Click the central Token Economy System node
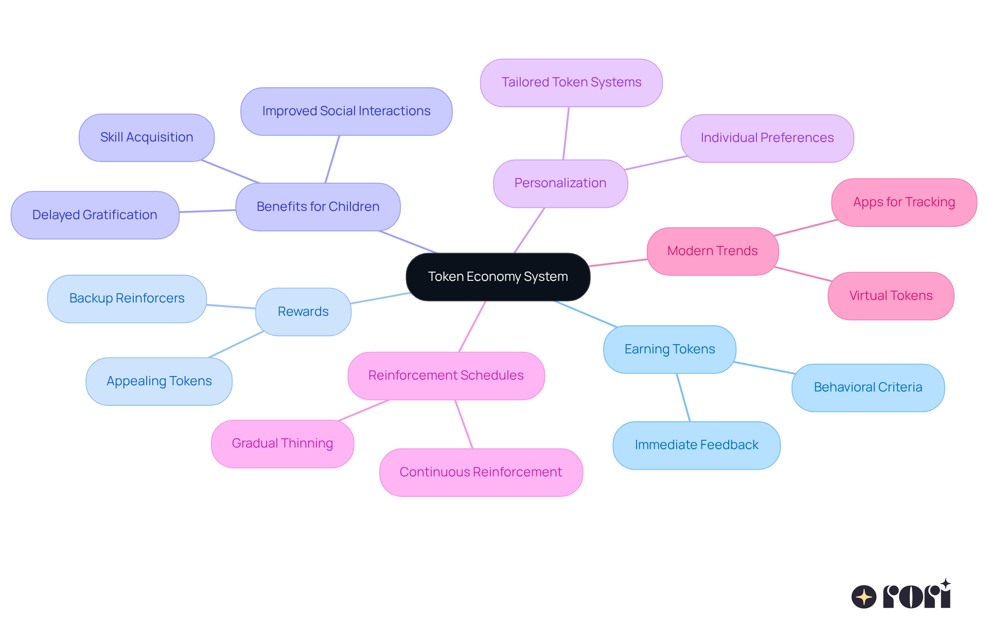pos(498,277)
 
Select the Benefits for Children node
pos(318,207)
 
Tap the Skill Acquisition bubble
pos(147,137)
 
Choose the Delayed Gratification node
pos(95,215)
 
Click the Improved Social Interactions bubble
pos(346,111)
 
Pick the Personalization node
pos(560,183)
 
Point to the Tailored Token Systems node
pos(571,82)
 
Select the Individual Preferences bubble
pos(767,138)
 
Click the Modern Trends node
pos(712,251)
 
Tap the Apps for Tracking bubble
pos(904,202)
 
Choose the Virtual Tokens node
pos(891,296)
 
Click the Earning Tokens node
pos(669,349)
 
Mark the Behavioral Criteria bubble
pos(868,387)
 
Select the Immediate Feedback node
pos(696,445)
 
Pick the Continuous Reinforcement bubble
pos(481,472)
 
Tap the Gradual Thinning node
pos(283,443)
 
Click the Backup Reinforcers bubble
pos(127,298)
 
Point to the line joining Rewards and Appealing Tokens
pos(236,344)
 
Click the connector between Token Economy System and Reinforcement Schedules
pos(472,326)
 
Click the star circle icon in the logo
pos(863,597)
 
